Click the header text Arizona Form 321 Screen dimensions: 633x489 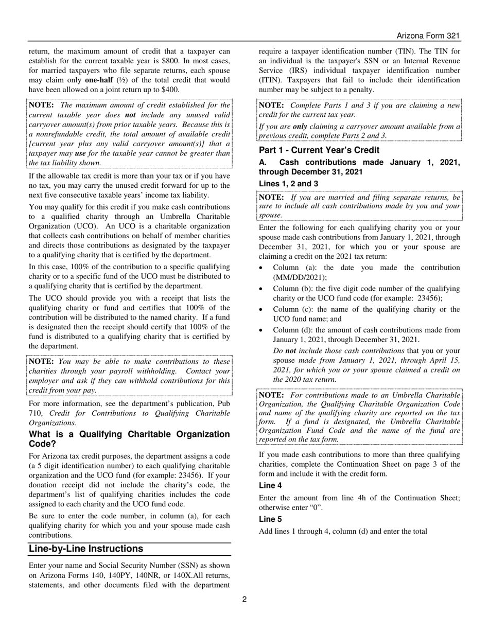coord(428,36)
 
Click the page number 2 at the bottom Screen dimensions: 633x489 coord(244,599)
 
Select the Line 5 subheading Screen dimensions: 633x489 coord(270,519)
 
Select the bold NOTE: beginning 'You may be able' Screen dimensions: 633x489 coord(42,362)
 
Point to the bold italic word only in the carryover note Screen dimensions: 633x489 coord(300,127)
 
